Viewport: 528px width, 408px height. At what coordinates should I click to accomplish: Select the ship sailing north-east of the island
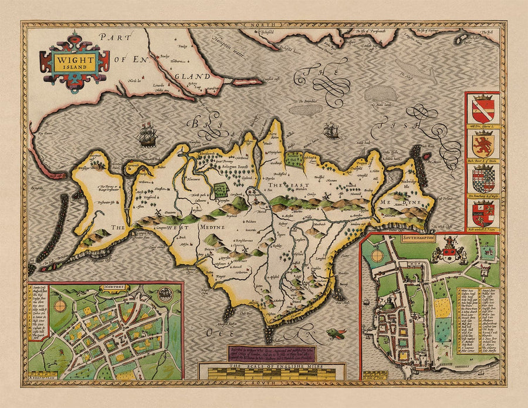[x=332, y=130]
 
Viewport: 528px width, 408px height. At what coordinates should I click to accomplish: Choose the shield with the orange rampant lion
[x=482, y=142]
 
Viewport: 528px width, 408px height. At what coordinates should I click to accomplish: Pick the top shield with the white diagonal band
[x=482, y=109]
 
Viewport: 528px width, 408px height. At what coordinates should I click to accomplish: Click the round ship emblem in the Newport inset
[x=166, y=295]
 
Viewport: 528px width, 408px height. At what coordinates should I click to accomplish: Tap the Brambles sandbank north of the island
[x=306, y=110]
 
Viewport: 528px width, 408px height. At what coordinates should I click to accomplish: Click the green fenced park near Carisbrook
[x=221, y=190]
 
